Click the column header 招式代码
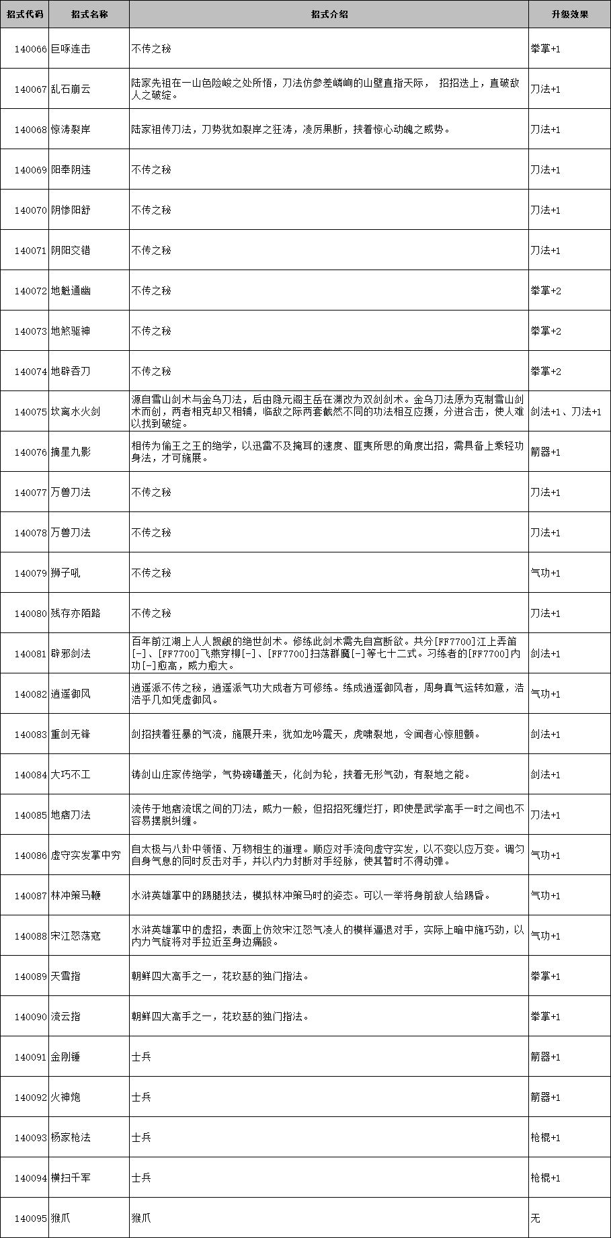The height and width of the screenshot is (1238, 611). (x=24, y=14)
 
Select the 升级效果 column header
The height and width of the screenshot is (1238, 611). (x=569, y=14)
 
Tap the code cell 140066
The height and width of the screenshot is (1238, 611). (x=31, y=49)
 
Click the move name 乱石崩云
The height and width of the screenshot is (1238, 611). (x=71, y=89)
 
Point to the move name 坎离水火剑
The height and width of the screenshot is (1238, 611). (x=75, y=412)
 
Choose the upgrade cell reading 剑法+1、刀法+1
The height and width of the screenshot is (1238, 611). (x=566, y=412)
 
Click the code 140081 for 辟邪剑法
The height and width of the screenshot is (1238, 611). (x=31, y=654)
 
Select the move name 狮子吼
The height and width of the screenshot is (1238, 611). (x=66, y=573)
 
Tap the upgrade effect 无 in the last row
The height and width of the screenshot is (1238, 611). (x=535, y=1219)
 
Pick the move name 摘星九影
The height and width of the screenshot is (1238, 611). (x=71, y=452)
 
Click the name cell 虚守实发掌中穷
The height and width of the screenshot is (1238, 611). (x=86, y=856)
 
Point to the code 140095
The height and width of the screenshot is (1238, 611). (x=31, y=1219)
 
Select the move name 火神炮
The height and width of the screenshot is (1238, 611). (x=66, y=1098)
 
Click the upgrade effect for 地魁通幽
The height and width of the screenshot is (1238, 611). (x=545, y=291)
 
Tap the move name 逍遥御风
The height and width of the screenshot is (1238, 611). (x=71, y=694)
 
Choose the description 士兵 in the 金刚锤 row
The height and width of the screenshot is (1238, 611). (x=141, y=1057)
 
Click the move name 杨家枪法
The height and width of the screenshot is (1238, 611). (x=71, y=1138)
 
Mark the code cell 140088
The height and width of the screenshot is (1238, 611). (x=31, y=936)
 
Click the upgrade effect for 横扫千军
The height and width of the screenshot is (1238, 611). (x=545, y=1178)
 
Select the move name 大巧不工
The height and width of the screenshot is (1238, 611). (x=71, y=775)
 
